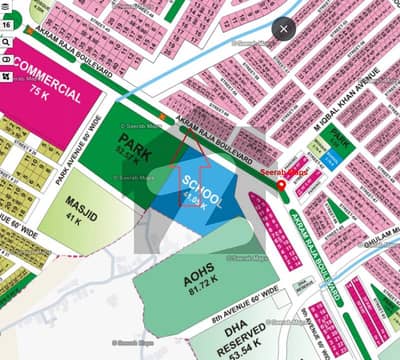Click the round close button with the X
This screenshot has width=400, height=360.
[x=284, y=29]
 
